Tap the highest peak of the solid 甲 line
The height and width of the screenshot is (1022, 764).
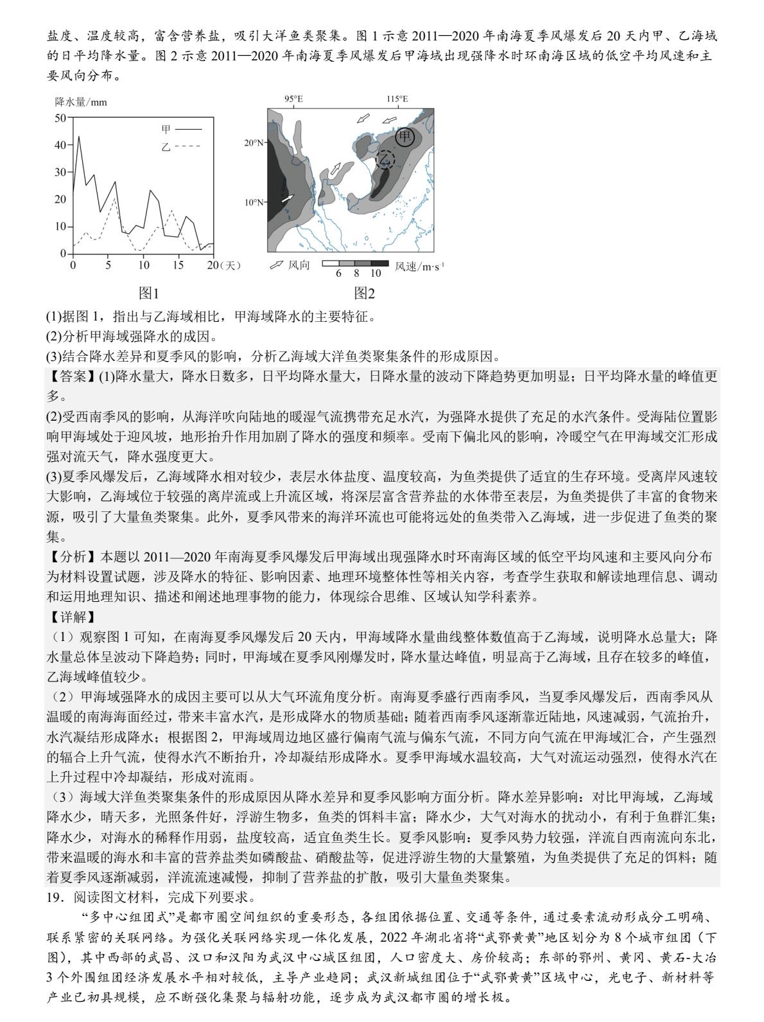click(x=79, y=136)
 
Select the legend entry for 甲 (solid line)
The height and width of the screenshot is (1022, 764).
click(x=180, y=129)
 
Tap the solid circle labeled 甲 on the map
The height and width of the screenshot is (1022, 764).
click(x=404, y=137)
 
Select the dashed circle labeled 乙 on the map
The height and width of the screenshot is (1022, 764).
click(x=385, y=159)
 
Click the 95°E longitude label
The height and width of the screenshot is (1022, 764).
click(x=293, y=99)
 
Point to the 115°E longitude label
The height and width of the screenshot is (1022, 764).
click(x=397, y=99)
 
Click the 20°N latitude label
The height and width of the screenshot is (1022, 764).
click(x=255, y=143)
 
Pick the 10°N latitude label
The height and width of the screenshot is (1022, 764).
click(x=255, y=202)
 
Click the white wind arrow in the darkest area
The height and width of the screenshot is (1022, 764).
click(x=287, y=199)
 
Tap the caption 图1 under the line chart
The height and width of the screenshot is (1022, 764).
click(x=149, y=294)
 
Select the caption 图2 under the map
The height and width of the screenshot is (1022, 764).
click(x=364, y=294)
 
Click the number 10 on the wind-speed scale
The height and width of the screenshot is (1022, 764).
click(x=376, y=273)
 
